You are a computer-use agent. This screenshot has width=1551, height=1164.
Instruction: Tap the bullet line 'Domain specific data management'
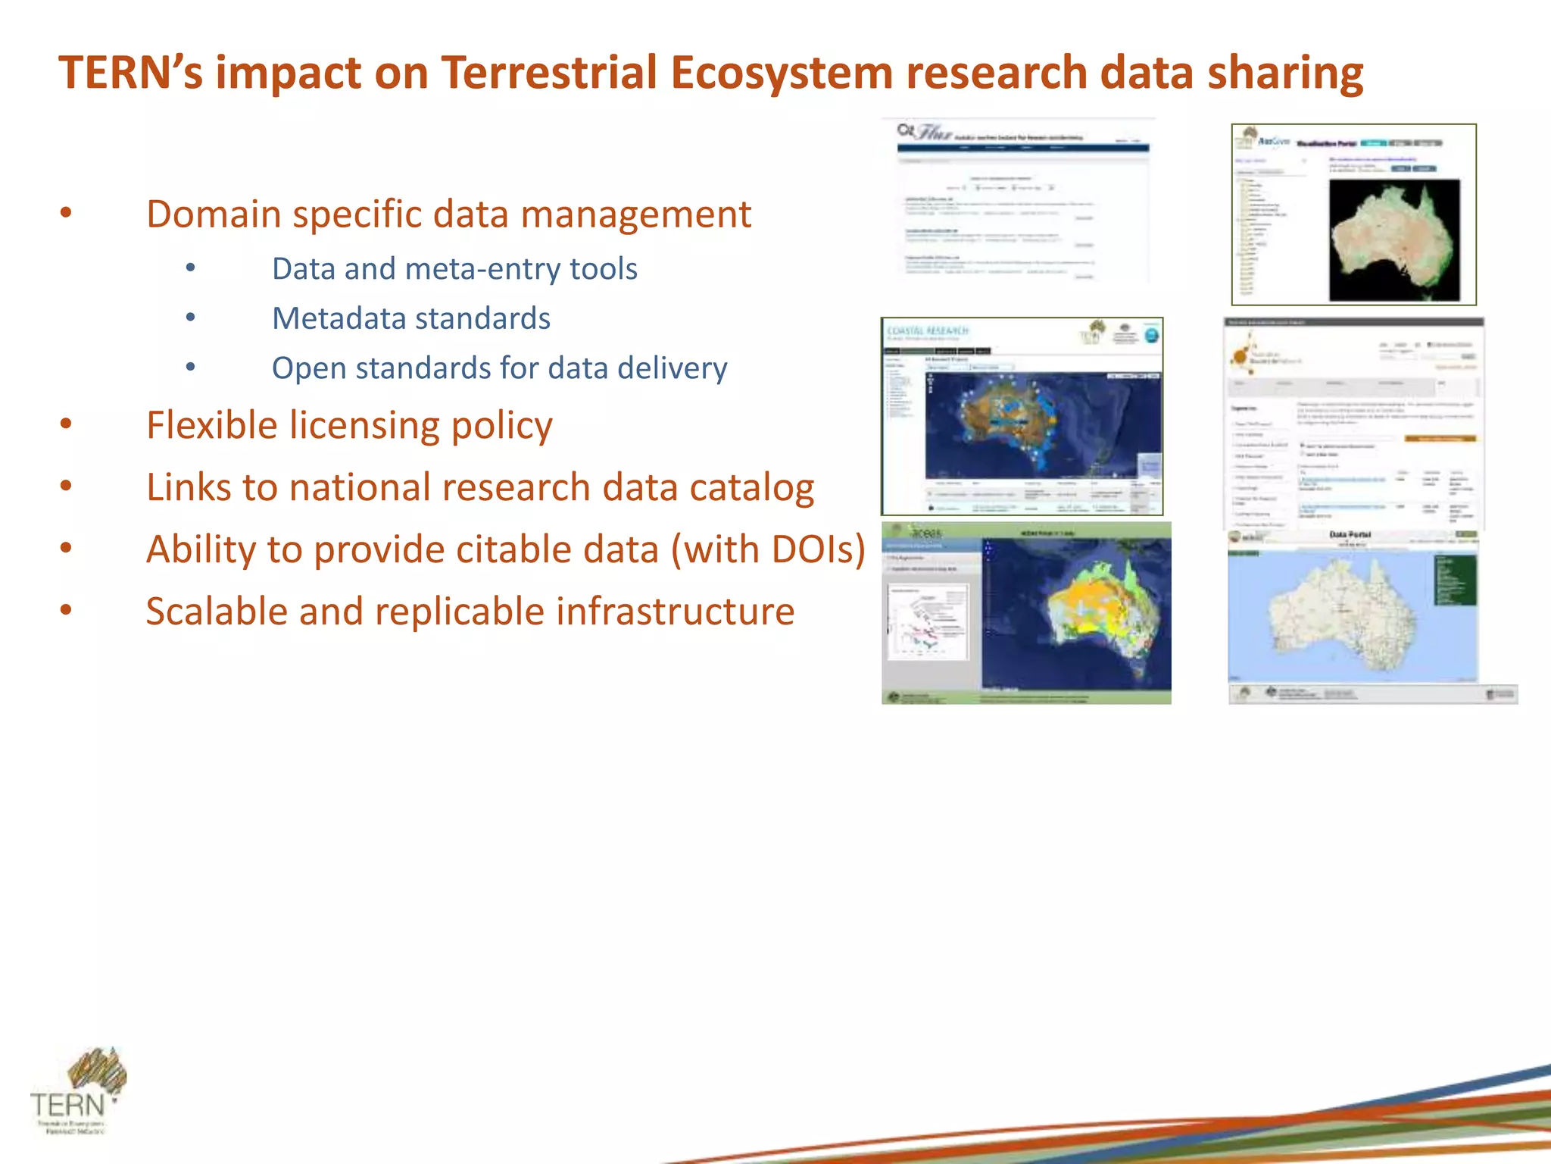[x=448, y=214]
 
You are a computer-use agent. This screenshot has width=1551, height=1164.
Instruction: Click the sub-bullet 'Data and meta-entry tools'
[x=454, y=269]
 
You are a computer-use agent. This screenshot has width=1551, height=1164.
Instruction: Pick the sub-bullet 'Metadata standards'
[x=411, y=318]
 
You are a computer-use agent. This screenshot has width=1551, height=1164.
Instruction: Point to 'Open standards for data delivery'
[x=499, y=368]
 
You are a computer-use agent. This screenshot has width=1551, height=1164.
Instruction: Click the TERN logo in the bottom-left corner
[x=76, y=1091]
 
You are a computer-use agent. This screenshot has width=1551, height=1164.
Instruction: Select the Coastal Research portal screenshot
[x=1022, y=416]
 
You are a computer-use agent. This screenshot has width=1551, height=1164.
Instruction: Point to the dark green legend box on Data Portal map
[x=1455, y=580]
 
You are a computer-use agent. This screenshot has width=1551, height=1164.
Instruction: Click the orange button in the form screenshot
[x=1440, y=439]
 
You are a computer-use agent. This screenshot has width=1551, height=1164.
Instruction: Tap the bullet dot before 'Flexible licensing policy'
[x=67, y=424]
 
